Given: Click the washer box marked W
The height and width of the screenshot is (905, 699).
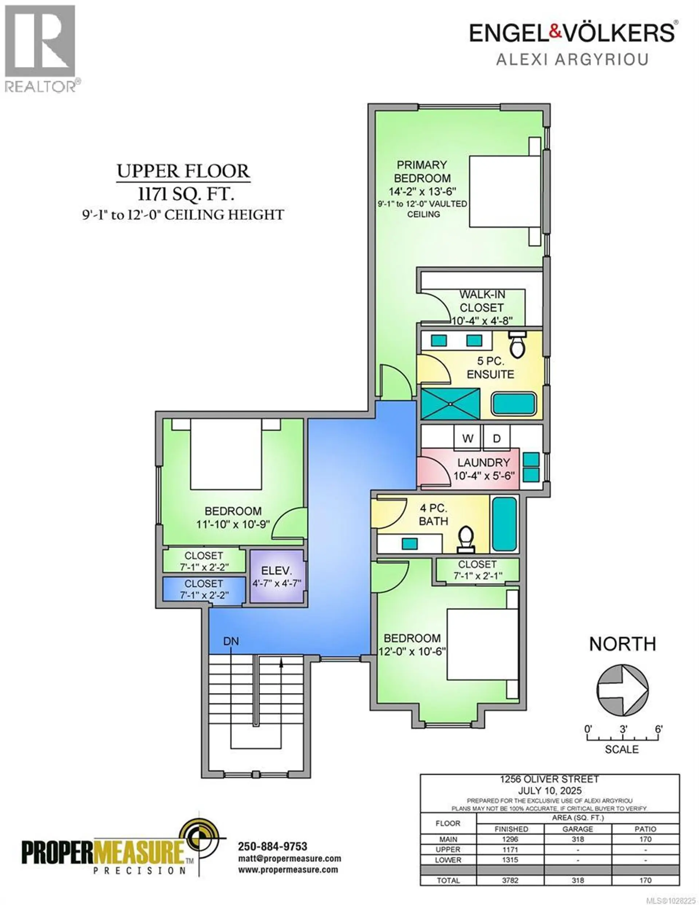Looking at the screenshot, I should point(467,438).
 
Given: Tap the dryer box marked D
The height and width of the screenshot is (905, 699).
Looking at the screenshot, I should point(496,438).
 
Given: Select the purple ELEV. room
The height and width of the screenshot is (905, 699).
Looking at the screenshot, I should point(277,577).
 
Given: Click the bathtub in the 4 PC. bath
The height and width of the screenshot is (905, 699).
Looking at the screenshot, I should point(504,524).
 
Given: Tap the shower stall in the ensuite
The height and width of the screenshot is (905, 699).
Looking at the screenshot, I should point(450,404).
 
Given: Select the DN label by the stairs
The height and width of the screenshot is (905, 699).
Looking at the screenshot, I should point(231,641).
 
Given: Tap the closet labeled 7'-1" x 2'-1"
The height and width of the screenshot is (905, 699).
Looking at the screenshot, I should point(477,570).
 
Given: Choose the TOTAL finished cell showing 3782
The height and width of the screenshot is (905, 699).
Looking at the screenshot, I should point(510,889).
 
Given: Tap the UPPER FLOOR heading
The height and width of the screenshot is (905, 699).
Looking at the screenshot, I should point(183,171).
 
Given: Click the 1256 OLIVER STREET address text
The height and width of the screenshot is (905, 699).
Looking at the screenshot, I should point(549,779).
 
